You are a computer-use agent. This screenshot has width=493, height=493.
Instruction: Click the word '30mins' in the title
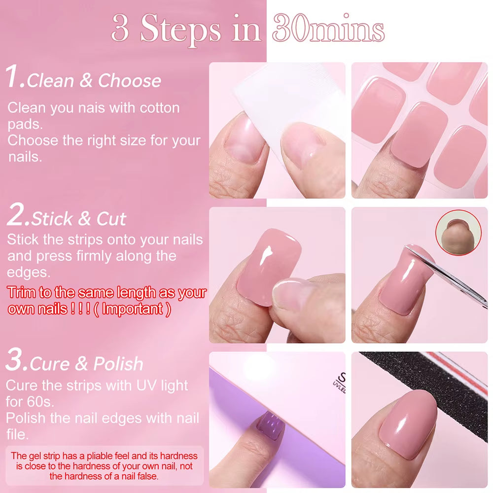[328, 29]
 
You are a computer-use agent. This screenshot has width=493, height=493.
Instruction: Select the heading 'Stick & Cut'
[79, 218]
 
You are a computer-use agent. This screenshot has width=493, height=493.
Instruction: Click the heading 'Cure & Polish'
[86, 364]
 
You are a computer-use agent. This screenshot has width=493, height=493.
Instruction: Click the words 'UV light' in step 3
[163, 385]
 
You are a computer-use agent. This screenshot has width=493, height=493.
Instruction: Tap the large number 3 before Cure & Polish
[16, 361]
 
